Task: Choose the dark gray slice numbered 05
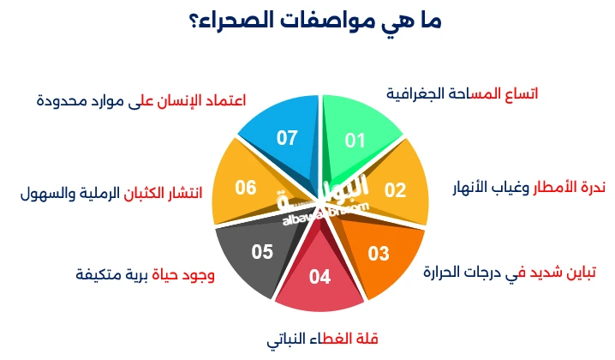[260, 250]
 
